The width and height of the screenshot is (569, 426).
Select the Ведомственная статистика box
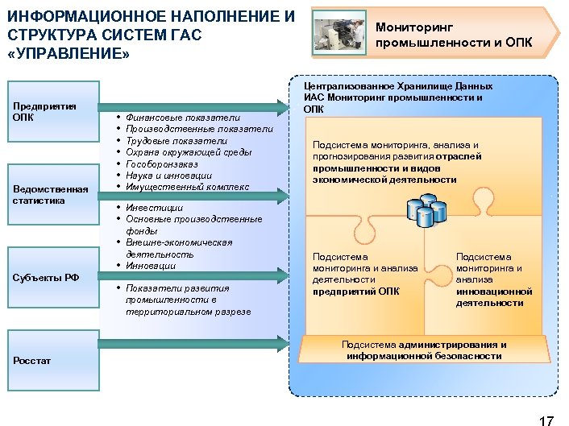52,194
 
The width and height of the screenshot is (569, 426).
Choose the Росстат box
52,360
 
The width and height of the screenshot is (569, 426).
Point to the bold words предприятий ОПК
355,292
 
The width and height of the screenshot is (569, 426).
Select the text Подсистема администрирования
424,344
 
